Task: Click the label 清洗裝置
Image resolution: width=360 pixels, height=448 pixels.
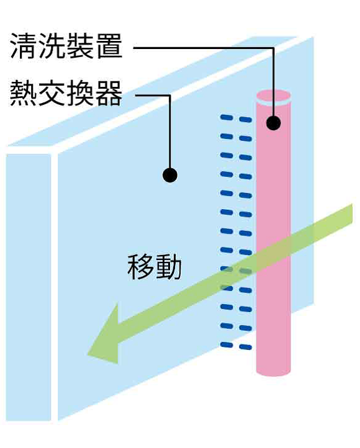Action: tap(66, 47)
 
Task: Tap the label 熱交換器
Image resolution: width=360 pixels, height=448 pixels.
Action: tap(66, 93)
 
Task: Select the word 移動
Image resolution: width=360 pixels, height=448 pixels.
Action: tap(155, 267)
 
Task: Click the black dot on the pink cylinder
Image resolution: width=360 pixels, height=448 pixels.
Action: tap(274, 123)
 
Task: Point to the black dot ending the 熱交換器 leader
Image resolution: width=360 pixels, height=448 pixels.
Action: tap(170, 175)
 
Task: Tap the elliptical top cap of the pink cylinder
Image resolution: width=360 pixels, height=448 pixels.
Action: tap(274, 96)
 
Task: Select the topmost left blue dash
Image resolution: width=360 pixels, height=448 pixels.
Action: tap(227, 117)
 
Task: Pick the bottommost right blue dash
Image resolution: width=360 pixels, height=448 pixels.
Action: tap(245, 347)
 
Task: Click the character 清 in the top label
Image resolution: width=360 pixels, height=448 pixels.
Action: tap(24, 47)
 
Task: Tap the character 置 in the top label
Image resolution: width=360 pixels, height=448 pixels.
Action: tap(109, 47)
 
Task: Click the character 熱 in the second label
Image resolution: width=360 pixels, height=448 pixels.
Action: tap(24, 93)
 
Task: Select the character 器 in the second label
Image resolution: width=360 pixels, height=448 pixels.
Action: tap(109, 93)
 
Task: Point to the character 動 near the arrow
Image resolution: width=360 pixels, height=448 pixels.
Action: tap(169, 267)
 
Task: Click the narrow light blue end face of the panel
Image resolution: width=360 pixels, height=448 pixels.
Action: tap(29, 287)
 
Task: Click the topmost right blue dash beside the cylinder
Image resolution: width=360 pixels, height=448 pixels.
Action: tap(245, 119)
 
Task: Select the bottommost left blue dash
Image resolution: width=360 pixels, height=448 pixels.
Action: tap(227, 345)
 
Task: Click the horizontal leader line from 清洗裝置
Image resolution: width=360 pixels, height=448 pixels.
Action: tap(204, 48)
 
